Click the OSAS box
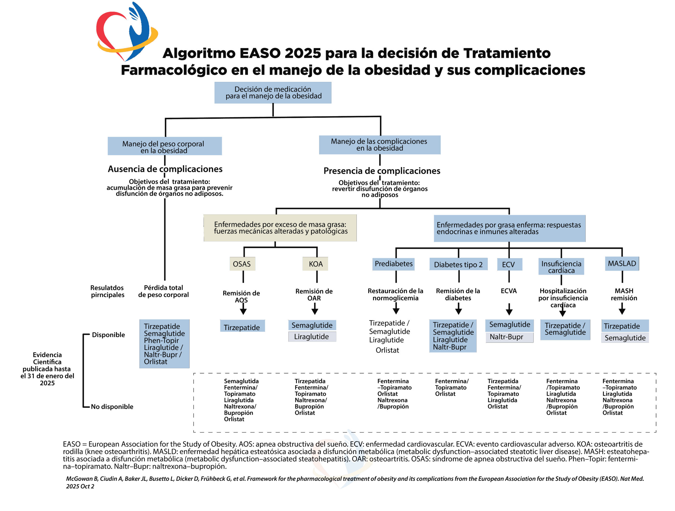point(242,264)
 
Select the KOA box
point(315,264)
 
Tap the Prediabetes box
point(393,264)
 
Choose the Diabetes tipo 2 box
point(458,264)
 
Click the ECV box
point(508,264)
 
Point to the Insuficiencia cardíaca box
point(561,267)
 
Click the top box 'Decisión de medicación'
point(273,93)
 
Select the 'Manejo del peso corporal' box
point(165,146)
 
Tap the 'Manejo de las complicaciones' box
point(380,145)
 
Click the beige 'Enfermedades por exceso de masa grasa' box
point(280,228)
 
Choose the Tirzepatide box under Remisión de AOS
point(242,327)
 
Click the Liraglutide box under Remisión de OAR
point(312,337)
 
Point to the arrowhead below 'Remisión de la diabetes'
point(458,311)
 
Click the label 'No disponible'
point(112,407)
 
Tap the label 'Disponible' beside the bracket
point(108,335)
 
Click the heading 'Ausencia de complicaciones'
point(165,169)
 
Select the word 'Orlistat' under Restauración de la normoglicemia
point(387,350)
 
